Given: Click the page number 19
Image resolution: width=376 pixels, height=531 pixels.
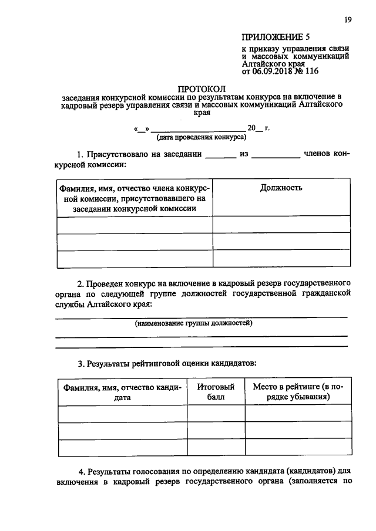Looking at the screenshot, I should pos(348,20).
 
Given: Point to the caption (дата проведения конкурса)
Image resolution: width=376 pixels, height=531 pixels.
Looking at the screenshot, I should pos(201,137).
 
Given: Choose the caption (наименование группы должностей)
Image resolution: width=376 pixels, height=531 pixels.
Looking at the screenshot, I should pos(193,323).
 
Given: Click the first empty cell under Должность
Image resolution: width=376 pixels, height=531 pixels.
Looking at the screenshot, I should pos(281,225).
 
